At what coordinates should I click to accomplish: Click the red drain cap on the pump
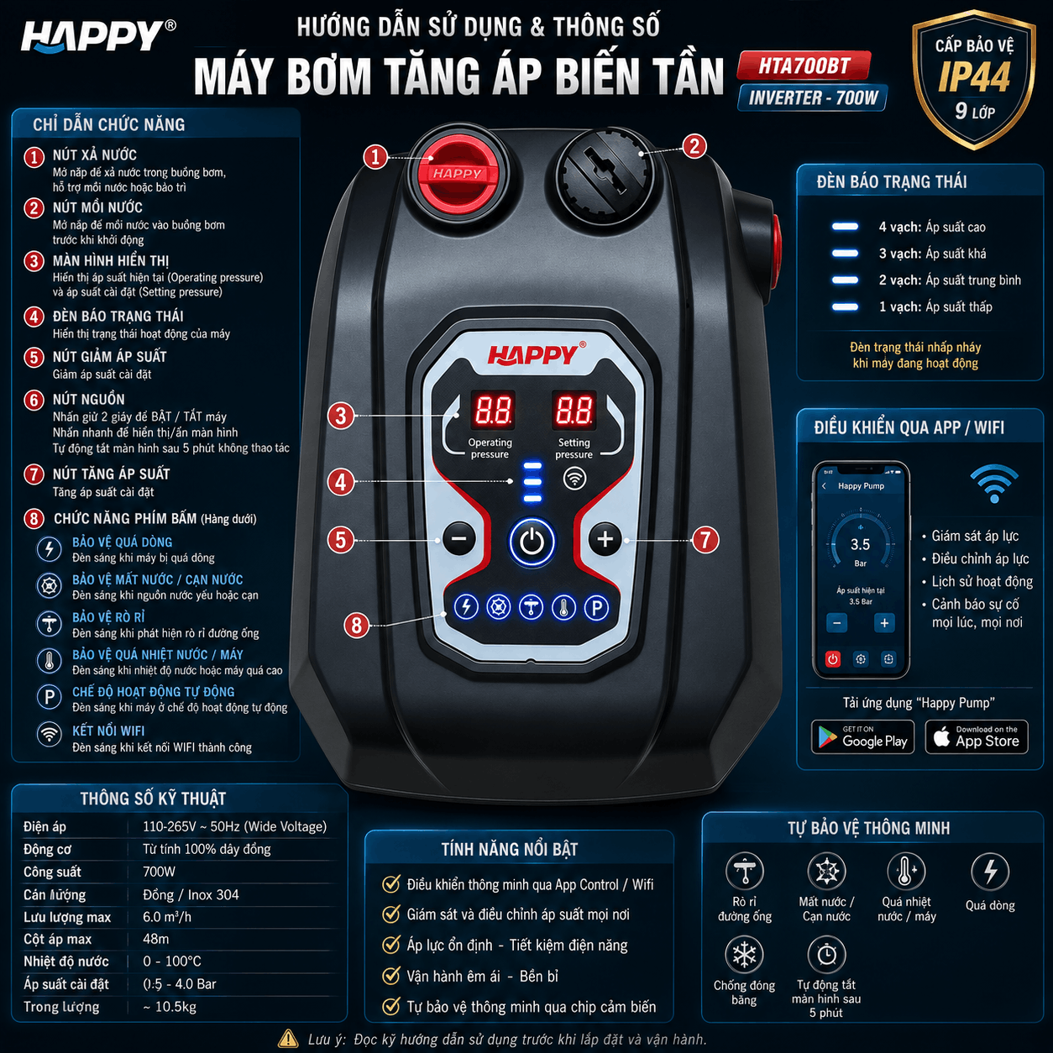pos(458,173)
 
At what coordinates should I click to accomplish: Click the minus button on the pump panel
pos(459,539)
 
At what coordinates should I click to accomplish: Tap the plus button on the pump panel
pos(605,539)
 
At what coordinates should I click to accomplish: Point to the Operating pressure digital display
pos(493,409)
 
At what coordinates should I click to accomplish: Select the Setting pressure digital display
pos(574,409)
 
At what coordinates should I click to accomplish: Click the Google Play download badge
pos(863,736)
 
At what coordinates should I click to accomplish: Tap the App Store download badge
pos(977,736)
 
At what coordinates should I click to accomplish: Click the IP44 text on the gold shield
pos(974,76)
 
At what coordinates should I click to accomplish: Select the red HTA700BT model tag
pos(804,66)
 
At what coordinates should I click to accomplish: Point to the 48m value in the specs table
pos(155,939)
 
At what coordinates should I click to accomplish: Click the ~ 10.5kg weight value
pos(170,1007)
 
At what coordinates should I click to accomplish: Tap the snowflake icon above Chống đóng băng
pos(744,955)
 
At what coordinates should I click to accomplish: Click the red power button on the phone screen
pos(832,659)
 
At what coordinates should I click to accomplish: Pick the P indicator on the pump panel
pos(596,607)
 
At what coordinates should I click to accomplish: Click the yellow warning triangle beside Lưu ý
pos(288,1038)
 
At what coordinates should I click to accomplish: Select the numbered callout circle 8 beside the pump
pos(356,625)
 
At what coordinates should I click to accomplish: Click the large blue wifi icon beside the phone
pos(994,484)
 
